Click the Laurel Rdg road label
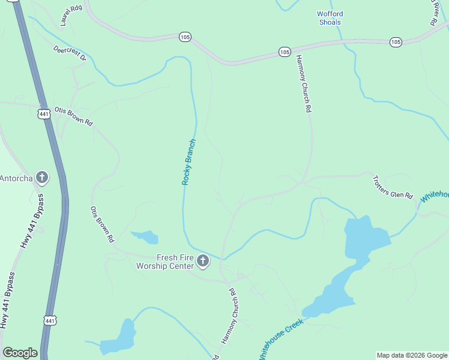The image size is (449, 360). (x=71, y=16)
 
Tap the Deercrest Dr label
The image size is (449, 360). (x=70, y=54)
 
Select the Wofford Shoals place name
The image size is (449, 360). (x=329, y=18)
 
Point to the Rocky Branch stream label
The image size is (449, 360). (x=189, y=162)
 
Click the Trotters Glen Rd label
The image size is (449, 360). (x=393, y=187)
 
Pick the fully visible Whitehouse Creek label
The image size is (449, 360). (x=282, y=338)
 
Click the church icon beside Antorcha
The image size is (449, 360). (x=42, y=177)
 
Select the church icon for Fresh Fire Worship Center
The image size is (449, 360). (x=203, y=261)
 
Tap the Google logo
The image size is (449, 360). (x=20, y=353)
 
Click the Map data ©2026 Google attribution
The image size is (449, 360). (x=412, y=355)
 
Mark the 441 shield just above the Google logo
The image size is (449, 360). (x=50, y=321)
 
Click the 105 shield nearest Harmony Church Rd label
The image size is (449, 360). (x=285, y=52)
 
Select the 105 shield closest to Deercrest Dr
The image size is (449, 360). (x=185, y=37)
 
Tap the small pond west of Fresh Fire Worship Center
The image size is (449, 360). (x=145, y=237)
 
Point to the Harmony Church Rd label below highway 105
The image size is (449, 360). (x=303, y=84)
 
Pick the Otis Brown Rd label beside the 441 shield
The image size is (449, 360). (x=73, y=116)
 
